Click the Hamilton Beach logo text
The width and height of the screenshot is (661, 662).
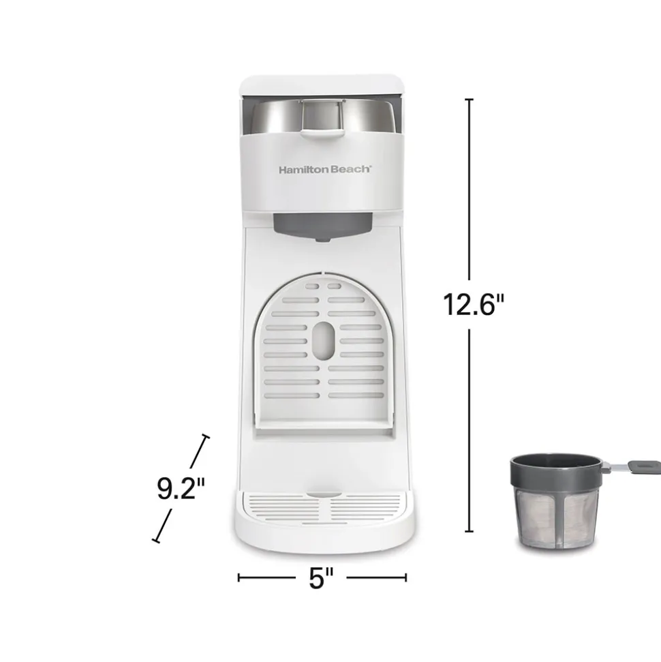click(x=324, y=170)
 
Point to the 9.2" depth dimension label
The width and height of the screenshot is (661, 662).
click(x=181, y=489)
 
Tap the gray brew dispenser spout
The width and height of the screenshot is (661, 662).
click(x=322, y=228)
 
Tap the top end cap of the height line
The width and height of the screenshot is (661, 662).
click(x=469, y=100)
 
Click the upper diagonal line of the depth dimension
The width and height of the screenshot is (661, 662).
click(x=200, y=451)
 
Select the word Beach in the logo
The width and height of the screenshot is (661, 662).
click(x=350, y=170)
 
